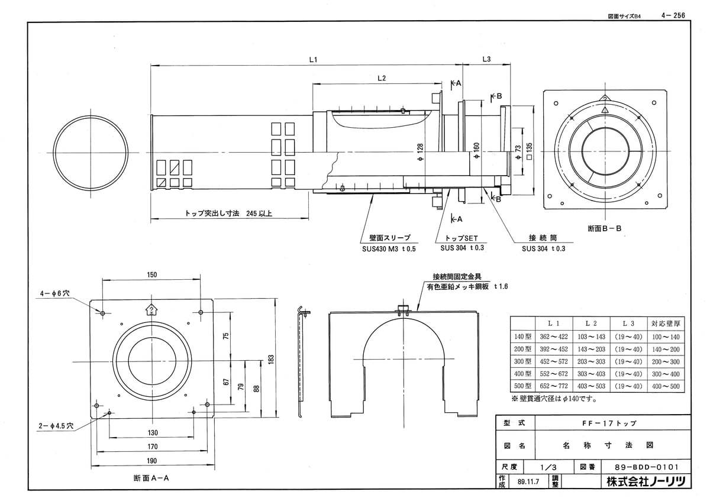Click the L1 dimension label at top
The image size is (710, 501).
coord(314,60)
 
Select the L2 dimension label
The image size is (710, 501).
coord(381,78)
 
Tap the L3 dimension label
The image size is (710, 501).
coord(486,59)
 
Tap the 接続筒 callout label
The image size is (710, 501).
coord(543,238)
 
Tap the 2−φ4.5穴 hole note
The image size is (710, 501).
coord(54,425)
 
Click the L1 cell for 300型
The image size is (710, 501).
coord(554,361)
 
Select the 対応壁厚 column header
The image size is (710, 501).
coord(665,324)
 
